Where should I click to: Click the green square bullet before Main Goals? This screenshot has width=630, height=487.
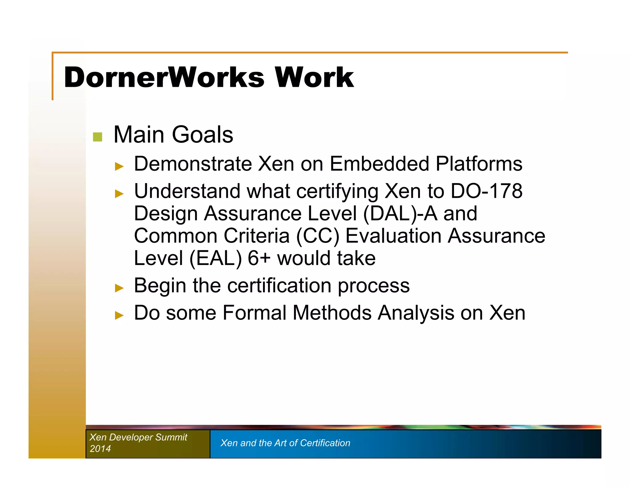point(98,137)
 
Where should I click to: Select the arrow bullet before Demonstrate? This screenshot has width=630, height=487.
point(119,167)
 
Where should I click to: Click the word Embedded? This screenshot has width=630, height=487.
point(379,164)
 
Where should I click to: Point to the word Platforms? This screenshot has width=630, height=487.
point(479,164)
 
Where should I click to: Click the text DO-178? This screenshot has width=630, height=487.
point(486,191)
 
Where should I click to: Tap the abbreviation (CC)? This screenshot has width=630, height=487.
point(317,236)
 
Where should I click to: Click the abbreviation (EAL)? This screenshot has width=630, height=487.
point(216,258)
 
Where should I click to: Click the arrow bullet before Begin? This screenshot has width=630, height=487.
point(119,288)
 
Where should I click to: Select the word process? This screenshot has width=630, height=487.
point(373,286)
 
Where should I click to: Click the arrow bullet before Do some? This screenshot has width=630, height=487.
point(119,315)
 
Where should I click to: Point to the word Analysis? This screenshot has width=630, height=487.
point(416,313)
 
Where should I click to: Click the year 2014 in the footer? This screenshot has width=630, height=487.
point(100,449)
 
